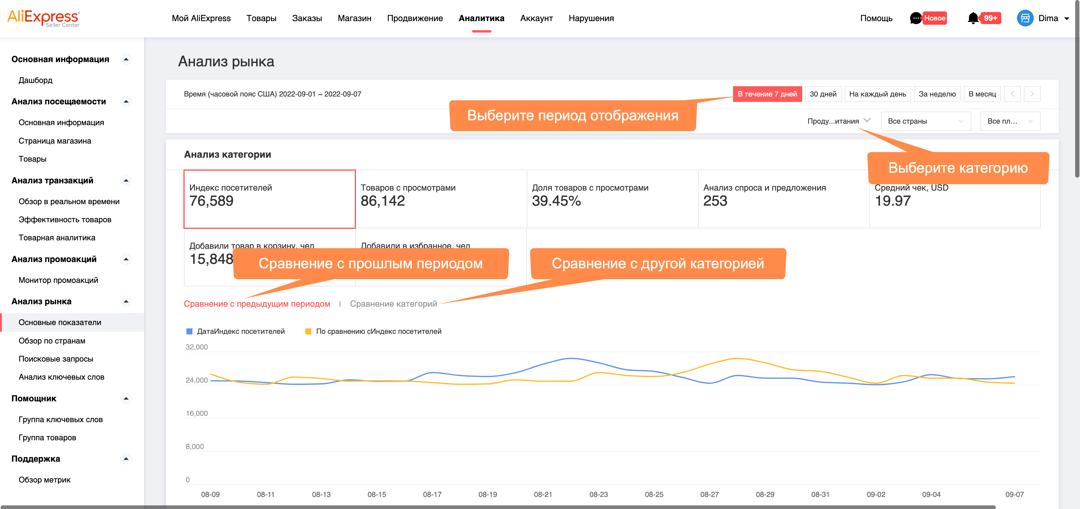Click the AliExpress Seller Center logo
tap(43, 18)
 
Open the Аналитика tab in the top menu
tap(481, 18)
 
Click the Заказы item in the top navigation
tap(307, 18)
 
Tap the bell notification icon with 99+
tap(973, 18)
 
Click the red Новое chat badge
tap(935, 18)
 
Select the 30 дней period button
tap(823, 94)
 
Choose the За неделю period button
tap(937, 94)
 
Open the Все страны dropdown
tap(925, 121)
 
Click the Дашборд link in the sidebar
tap(36, 80)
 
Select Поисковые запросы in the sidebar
tap(56, 359)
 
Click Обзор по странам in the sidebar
tap(52, 341)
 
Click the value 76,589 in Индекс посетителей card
tap(211, 201)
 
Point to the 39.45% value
tap(556, 201)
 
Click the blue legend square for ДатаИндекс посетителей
tap(189, 331)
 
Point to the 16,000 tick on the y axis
tap(197, 413)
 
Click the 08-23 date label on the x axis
tap(598, 494)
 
